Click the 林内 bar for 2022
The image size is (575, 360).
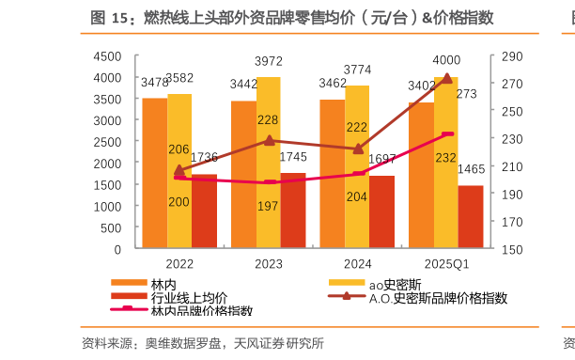154,173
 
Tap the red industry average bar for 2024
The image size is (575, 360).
381,212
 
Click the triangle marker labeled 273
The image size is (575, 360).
446,79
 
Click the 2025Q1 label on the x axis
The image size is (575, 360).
447,263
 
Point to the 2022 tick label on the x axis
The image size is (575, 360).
179,263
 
